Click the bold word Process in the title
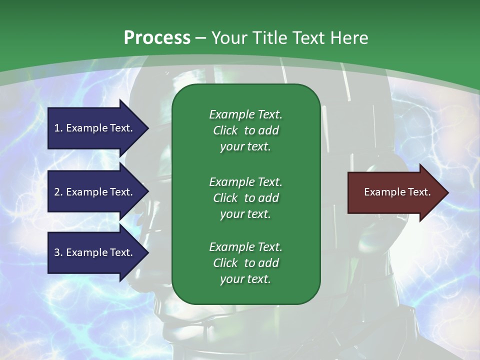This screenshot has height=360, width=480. click(157, 38)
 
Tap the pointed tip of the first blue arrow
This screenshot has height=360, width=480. click(147, 128)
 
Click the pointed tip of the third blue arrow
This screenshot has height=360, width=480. click(147, 252)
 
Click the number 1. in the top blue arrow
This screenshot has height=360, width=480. click(58, 128)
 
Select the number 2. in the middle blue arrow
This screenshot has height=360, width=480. click(58, 192)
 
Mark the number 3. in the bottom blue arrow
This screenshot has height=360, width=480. click(58, 252)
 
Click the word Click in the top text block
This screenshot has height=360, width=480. click(225, 130)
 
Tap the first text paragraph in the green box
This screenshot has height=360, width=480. click(245, 130)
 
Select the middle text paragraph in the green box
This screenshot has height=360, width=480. click(245, 198)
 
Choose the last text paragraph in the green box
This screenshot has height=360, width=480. click(245, 263)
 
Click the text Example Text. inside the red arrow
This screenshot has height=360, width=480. click(397, 192)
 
